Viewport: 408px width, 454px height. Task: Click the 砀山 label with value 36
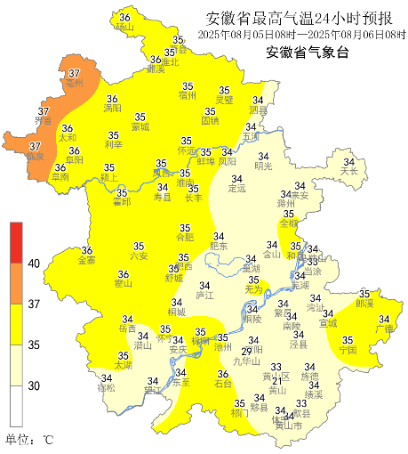point(124,28)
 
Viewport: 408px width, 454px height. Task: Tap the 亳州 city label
point(74,83)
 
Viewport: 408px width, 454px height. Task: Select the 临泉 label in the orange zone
point(35,156)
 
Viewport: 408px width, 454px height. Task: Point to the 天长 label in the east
point(348,170)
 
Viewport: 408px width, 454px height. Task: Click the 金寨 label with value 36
point(87,261)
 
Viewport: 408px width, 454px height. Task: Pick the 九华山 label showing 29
point(246,361)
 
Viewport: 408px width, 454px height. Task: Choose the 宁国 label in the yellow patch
point(348,350)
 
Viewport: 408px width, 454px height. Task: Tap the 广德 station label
point(384,328)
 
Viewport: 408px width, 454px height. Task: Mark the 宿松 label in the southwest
point(107,388)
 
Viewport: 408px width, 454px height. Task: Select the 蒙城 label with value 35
point(140,127)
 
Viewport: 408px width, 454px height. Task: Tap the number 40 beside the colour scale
point(34,264)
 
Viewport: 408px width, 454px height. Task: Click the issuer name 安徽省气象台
point(303,53)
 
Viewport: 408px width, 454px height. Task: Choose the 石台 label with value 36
point(224,384)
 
